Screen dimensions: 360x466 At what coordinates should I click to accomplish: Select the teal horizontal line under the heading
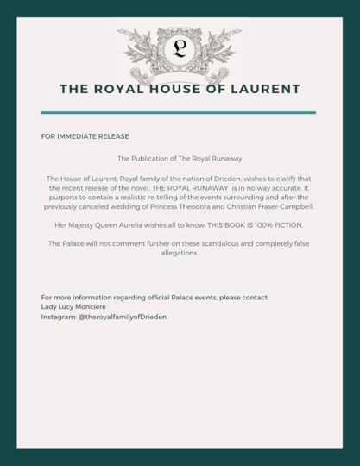click(x=179, y=112)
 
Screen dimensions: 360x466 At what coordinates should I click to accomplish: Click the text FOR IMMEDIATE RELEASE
click(x=85, y=136)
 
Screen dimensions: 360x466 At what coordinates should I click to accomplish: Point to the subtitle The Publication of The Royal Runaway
click(x=180, y=159)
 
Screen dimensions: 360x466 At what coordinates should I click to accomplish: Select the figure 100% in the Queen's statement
click(x=257, y=225)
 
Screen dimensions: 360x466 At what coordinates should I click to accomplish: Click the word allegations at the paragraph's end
click(x=180, y=254)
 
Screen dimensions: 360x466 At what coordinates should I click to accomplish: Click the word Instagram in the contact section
click(x=59, y=317)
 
